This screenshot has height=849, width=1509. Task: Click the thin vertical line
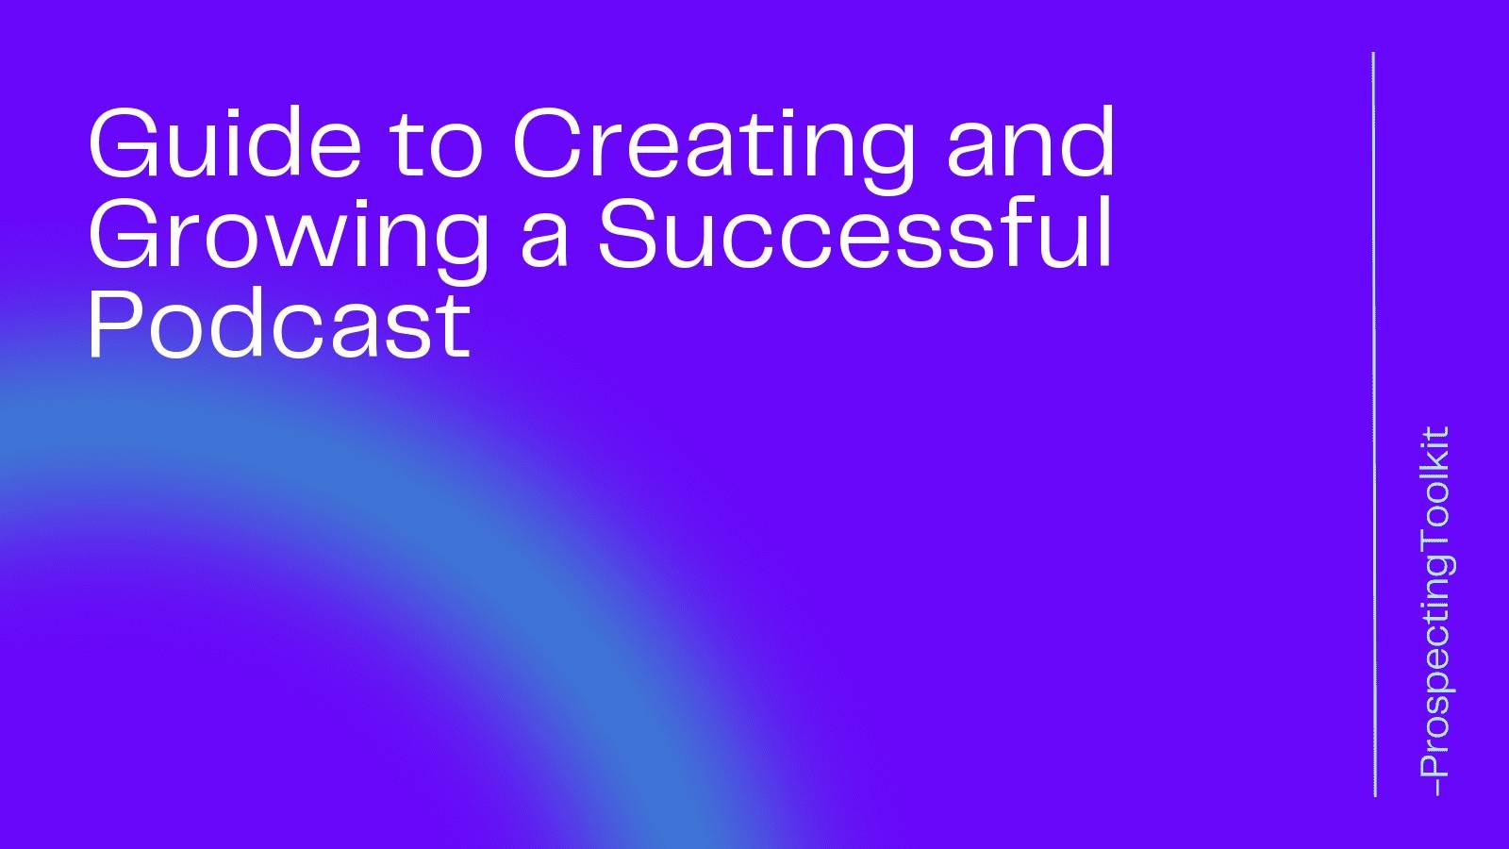1373,424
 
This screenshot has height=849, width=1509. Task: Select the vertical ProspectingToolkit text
1434,604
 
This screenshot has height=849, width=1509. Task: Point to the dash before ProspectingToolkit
1434,786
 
